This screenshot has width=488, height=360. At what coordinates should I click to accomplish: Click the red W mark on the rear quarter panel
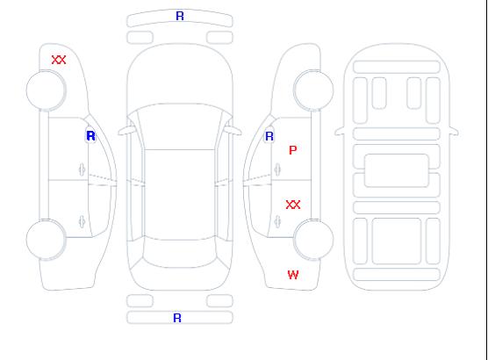click(x=293, y=275)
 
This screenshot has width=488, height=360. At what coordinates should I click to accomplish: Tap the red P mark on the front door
click(x=293, y=150)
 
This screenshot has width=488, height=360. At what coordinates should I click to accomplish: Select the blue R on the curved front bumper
click(x=180, y=16)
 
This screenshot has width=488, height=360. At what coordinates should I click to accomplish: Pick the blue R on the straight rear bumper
click(x=177, y=318)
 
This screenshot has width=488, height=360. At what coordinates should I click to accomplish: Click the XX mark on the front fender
click(x=59, y=60)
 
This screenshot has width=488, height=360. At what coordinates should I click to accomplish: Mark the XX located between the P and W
click(x=293, y=205)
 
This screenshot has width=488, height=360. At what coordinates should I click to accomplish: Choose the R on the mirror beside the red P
click(x=269, y=136)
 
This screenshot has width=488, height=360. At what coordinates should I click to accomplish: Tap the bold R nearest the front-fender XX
click(x=90, y=136)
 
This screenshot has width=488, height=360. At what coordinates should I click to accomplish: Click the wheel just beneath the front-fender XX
click(x=46, y=90)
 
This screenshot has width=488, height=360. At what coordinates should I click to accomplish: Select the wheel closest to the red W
click(x=313, y=239)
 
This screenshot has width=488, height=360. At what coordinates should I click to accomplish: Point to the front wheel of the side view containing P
click(x=313, y=90)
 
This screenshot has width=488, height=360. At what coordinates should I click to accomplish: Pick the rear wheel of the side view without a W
click(x=46, y=239)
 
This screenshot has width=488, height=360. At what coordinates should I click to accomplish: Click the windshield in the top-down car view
click(x=180, y=126)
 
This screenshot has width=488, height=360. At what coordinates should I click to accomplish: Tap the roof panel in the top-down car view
click(x=180, y=195)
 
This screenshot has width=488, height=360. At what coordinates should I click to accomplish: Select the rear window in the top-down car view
click(x=180, y=253)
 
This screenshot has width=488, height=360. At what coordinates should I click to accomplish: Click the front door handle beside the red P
click(x=277, y=169)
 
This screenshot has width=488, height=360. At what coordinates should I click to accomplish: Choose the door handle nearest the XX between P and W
click(x=277, y=221)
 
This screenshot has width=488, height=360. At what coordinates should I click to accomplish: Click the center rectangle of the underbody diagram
click(x=396, y=170)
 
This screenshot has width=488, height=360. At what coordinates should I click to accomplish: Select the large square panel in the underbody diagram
click(x=396, y=241)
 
